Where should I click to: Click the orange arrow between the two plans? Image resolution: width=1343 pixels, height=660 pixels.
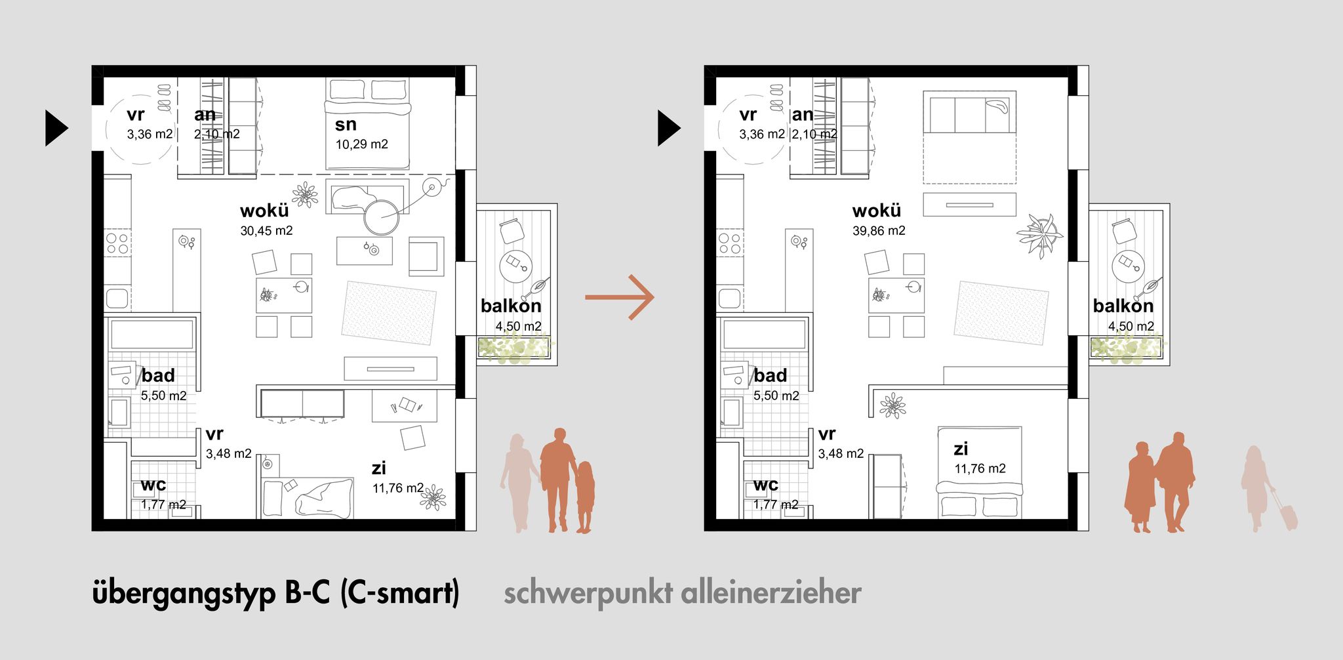(x=620, y=297)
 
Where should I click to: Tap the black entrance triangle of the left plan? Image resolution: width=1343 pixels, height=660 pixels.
(x=56, y=128)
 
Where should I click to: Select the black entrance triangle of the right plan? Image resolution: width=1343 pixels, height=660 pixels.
(x=669, y=128)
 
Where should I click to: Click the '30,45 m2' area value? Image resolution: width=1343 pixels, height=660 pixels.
(x=266, y=231)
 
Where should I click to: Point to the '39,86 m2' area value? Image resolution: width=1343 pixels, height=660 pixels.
(x=879, y=231)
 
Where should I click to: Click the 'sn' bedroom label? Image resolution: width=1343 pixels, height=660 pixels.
(x=346, y=124)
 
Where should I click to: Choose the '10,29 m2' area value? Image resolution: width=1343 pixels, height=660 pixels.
(x=362, y=144)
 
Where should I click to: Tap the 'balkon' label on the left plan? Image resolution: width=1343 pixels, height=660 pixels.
(x=511, y=306)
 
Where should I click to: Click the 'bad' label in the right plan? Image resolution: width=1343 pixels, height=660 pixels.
(x=770, y=375)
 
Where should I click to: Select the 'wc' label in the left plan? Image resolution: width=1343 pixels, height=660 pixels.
(x=153, y=485)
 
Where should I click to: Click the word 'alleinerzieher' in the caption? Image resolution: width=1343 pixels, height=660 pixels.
(x=771, y=592)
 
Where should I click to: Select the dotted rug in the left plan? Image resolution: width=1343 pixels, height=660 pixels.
(x=389, y=313)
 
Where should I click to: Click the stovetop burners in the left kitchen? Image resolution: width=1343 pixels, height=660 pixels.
(x=117, y=243)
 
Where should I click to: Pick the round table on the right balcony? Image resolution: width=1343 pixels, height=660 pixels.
(x=1128, y=264)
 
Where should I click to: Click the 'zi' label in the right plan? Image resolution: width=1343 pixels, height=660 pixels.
(x=961, y=449)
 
